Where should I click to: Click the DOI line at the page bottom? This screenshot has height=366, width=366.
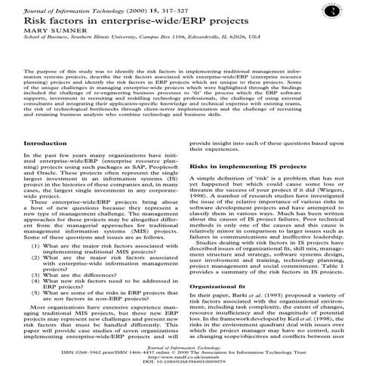(183, 360)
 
